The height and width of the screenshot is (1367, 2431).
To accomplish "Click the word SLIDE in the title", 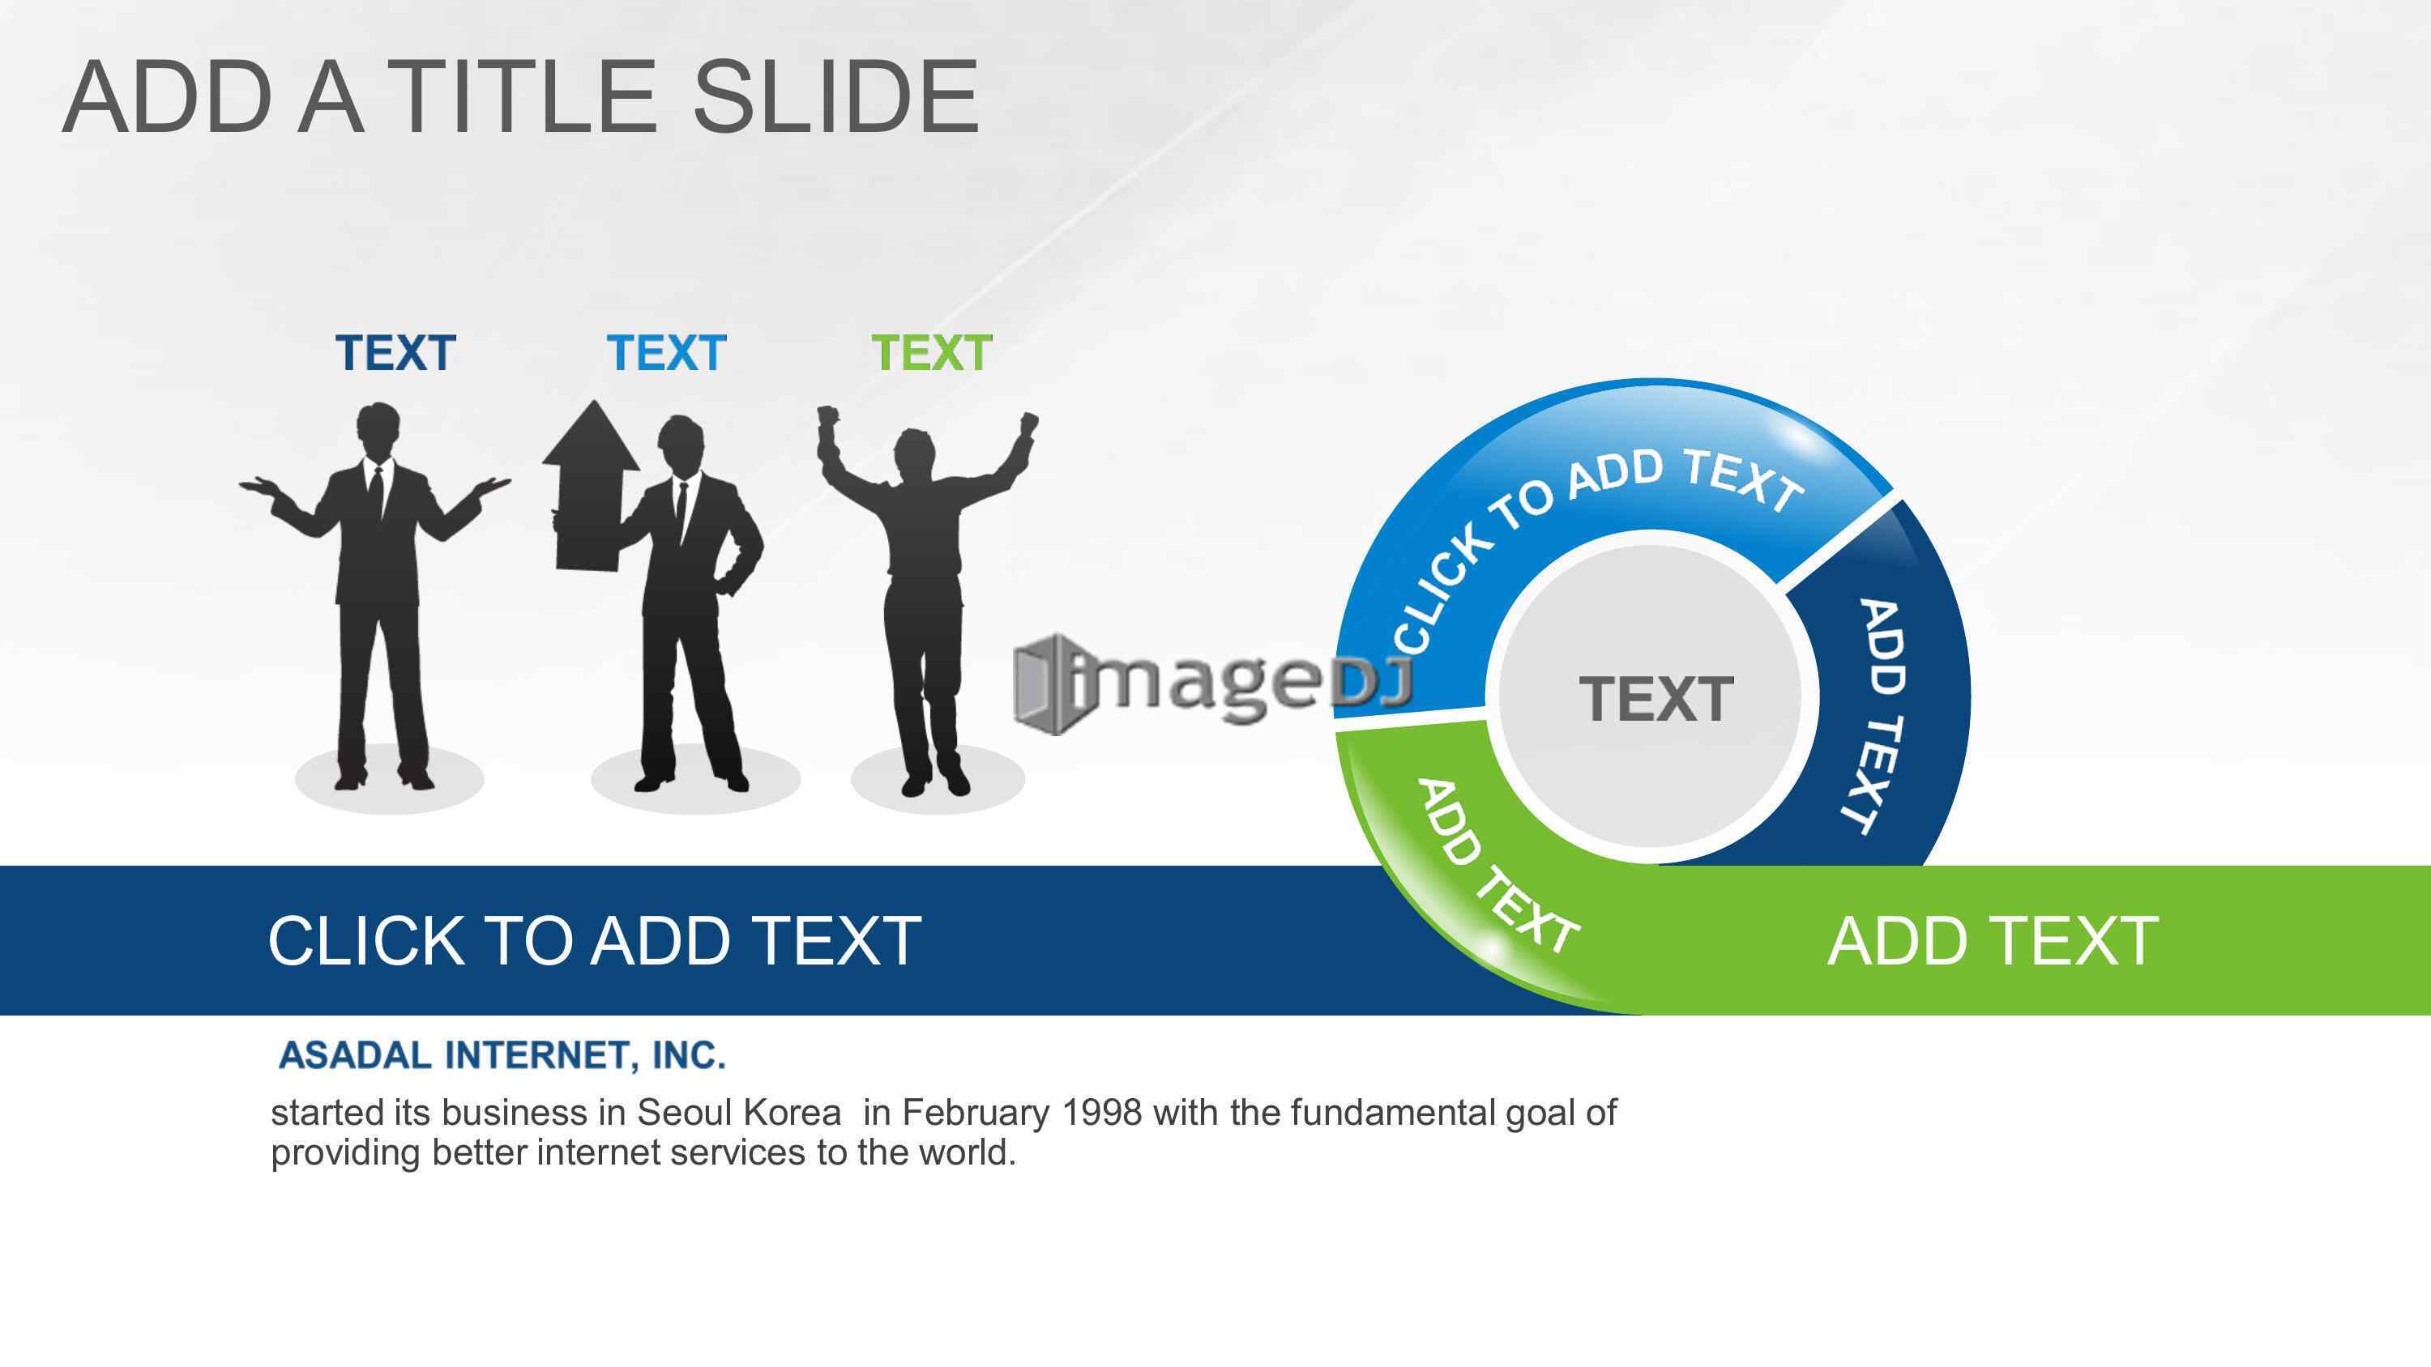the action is click(836, 96).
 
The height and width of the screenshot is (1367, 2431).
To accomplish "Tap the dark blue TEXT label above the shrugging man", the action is click(395, 354).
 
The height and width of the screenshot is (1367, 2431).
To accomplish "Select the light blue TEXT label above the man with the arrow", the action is click(666, 354).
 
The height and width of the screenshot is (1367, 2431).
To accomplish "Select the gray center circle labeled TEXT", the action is click(1656, 699).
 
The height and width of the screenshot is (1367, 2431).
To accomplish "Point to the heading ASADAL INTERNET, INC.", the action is click(502, 1054).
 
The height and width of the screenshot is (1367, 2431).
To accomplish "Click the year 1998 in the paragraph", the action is click(1101, 1114).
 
